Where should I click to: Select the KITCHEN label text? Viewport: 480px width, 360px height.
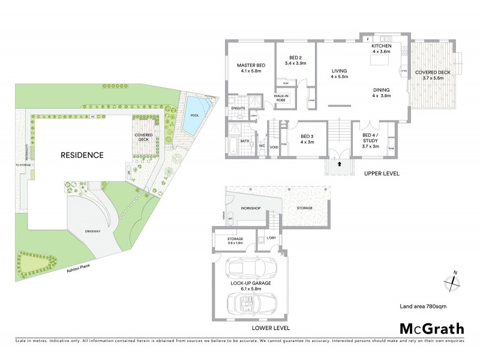point(382,46)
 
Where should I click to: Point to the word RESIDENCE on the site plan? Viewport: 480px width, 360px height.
point(82,155)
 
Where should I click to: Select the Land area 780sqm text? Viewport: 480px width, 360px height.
point(423,307)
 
